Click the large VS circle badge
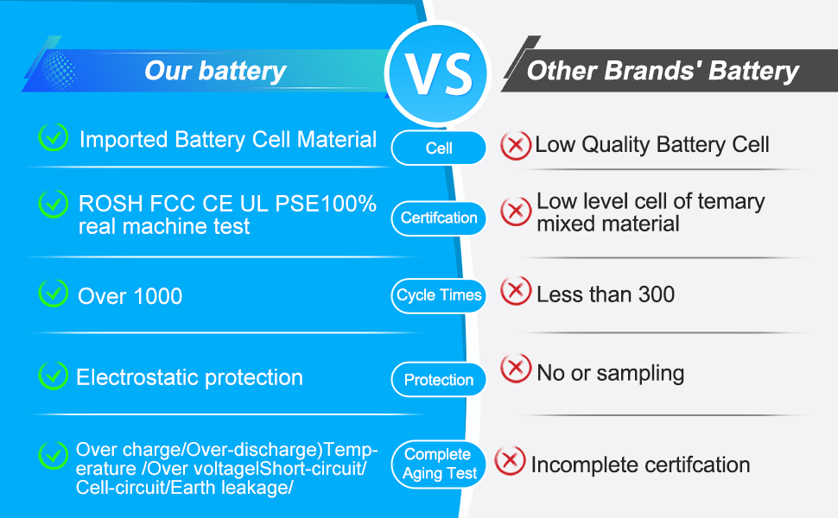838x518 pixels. point(438,73)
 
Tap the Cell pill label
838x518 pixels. point(439,148)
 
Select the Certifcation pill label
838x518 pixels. point(439,218)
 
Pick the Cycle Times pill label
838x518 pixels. point(439,295)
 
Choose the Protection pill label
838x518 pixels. point(439,380)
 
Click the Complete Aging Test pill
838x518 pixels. point(439,464)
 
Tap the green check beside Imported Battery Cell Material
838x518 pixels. point(54,136)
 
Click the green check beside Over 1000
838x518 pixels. point(54,294)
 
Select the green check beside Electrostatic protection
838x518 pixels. point(54,376)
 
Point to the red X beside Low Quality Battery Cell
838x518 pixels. point(516,145)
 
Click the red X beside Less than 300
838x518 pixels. point(516,291)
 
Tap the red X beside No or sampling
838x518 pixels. point(516,368)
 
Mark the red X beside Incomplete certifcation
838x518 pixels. point(510,461)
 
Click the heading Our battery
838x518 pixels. point(215,71)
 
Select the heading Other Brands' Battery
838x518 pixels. point(663,71)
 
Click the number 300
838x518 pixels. point(655,294)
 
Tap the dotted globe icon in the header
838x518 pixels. point(58,71)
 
